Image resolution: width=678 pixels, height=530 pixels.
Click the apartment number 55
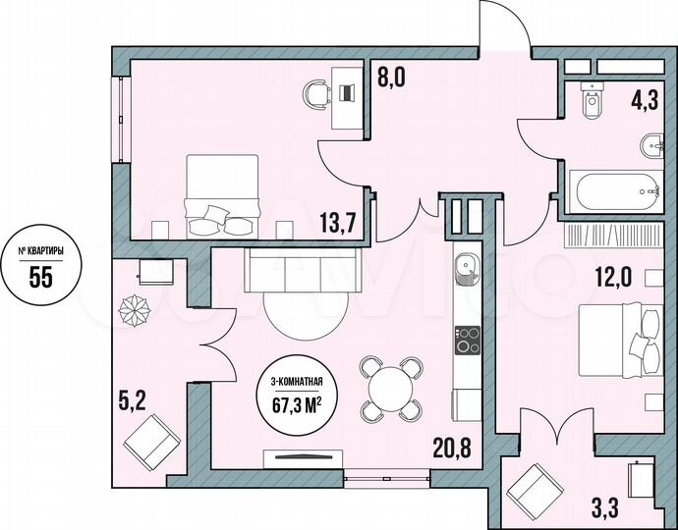point(40,276)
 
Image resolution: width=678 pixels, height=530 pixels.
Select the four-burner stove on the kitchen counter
point(466,340)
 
